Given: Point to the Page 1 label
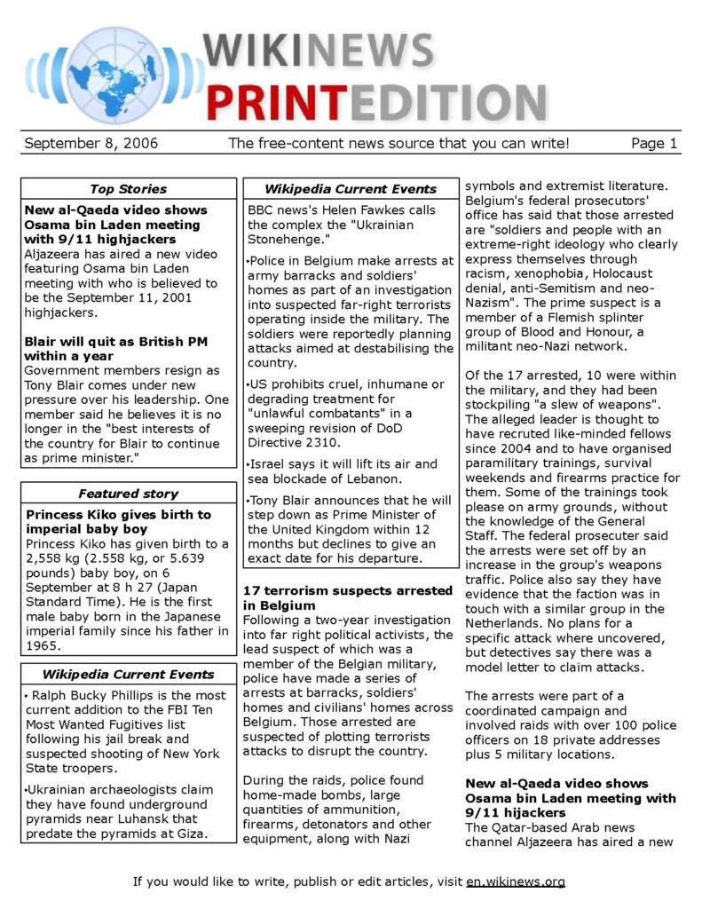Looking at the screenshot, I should pyautogui.click(x=654, y=143).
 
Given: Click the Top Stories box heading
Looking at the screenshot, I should pyautogui.click(x=129, y=188).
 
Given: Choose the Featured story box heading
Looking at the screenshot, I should pyautogui.click(x=129, y=494).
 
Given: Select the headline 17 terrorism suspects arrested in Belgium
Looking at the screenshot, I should pyautogui.click(x=346, y=597).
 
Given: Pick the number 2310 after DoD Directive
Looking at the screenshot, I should pyautogui.click(x=321, y=442).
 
